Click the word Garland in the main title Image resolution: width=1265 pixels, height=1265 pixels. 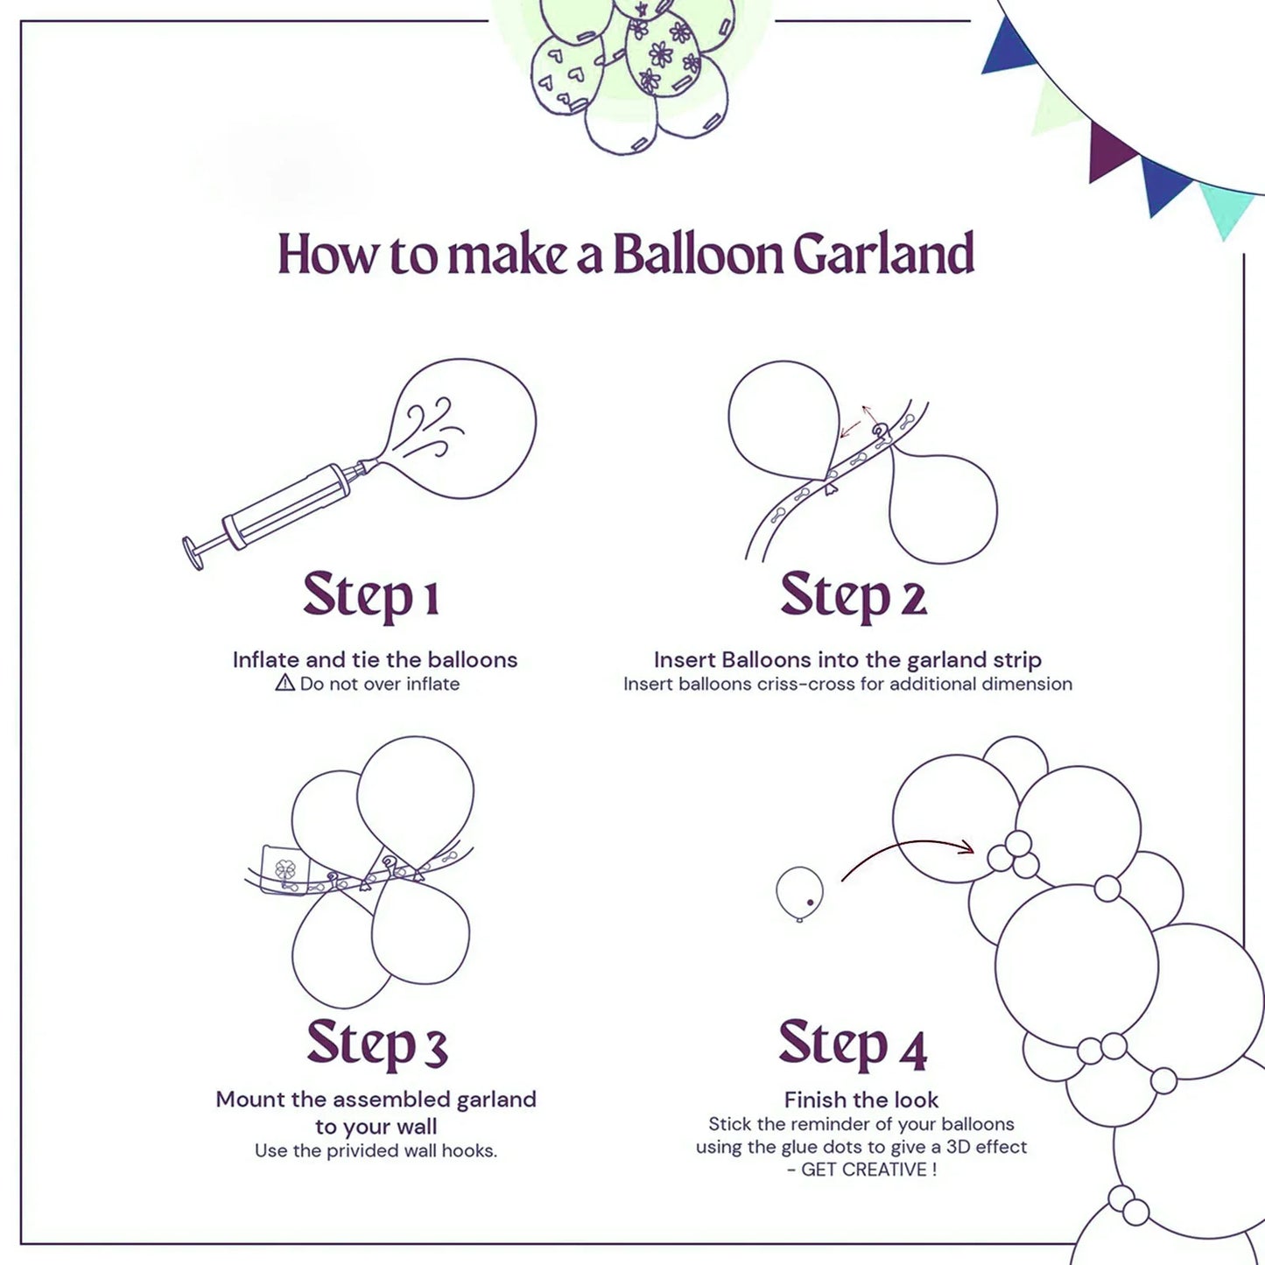(x=882, y=255)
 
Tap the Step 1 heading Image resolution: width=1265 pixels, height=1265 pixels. (x=370, y=595)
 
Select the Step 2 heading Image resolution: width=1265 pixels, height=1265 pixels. (x=853, y=595)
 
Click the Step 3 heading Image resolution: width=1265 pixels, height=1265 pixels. (x=376, y=1044)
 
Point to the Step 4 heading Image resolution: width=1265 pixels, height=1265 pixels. (x=852, y=1044)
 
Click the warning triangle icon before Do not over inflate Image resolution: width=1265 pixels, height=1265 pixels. (x=285, y=683)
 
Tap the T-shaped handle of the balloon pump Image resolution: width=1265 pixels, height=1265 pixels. (x=193, y=552)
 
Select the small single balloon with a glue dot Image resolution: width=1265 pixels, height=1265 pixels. (x=799, y=892)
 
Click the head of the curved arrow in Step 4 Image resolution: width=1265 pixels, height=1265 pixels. (x=966, y=847)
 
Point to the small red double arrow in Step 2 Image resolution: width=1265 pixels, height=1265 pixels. (x=857, y=421)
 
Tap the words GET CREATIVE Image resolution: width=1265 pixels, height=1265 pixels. (x=868, y=1170)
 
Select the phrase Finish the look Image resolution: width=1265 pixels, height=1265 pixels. (x=861, y=1100)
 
